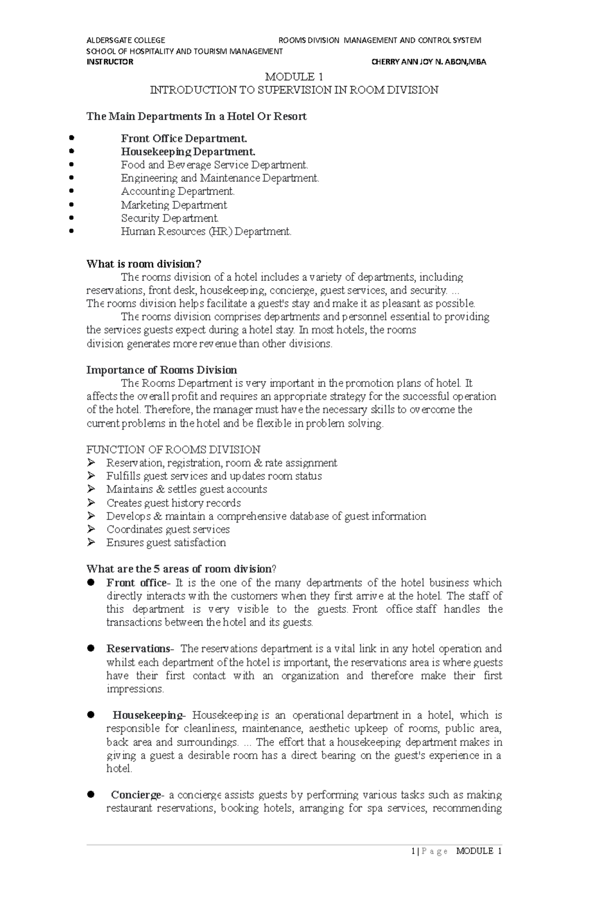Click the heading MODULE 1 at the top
[x=294, y=77]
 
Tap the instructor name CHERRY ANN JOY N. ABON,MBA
[x=429, y=62]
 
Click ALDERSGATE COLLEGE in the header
[x=126, y=40]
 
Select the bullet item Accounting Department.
[x=178, y=191]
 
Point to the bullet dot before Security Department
[x=72, y=218]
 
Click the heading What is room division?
[x=144, y=264]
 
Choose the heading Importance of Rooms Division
[x=161, y=370]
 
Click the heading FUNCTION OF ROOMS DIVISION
[x=173, y=449]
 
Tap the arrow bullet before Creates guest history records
[x=91, y=502]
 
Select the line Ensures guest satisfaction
[x=166, y=543]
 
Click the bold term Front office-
[x=138, y=583]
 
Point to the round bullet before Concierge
[x=90, y=794]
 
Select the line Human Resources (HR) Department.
[x=206, y=231]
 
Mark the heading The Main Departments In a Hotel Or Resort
[x=196, y=116]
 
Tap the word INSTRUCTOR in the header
[x=109, y=62]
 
